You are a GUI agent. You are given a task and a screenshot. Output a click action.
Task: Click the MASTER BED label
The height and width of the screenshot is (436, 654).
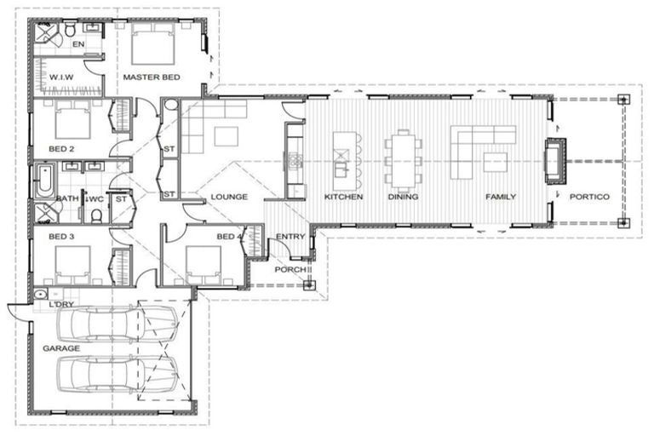[x=152, y=77]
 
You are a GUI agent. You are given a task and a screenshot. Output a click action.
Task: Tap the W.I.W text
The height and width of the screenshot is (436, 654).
[x=61, y=77]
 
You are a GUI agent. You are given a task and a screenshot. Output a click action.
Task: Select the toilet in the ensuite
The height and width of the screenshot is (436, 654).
[x=70, y=30]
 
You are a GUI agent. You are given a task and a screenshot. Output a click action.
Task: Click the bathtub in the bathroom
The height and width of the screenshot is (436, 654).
[x=44, y=181]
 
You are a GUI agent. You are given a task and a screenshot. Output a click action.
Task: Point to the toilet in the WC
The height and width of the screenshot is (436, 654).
[x=96, y=215]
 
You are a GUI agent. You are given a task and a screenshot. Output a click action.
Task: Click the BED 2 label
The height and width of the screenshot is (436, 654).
[x=61, y=149]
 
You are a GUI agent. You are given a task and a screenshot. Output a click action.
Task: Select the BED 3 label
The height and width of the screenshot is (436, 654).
[x=61, y=237]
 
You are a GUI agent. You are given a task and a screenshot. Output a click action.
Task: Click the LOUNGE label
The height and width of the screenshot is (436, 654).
[x=229, y=197]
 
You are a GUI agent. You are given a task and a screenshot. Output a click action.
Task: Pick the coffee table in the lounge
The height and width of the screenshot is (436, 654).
[x=226, y=136]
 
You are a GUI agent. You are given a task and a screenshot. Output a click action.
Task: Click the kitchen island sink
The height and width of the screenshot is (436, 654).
[x=341, y=169]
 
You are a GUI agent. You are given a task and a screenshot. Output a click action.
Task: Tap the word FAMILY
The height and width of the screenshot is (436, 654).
[x=501, y=197]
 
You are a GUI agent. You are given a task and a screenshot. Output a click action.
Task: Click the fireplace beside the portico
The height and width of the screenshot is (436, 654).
[x=555, y=161]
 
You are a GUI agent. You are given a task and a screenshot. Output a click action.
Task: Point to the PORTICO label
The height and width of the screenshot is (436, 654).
[x=589, y=197]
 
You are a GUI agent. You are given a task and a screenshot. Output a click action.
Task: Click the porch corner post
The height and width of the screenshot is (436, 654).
[x=308, y=286]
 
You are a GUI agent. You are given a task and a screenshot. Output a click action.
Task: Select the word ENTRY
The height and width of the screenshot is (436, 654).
[x=290, y=237]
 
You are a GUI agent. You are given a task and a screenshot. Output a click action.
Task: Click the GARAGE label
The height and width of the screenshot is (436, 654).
[x=61, y=348]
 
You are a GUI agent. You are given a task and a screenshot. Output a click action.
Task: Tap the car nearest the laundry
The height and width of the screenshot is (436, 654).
[x=118, y=324]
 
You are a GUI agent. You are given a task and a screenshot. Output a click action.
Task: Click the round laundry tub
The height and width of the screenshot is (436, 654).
[x=40, y=295]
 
